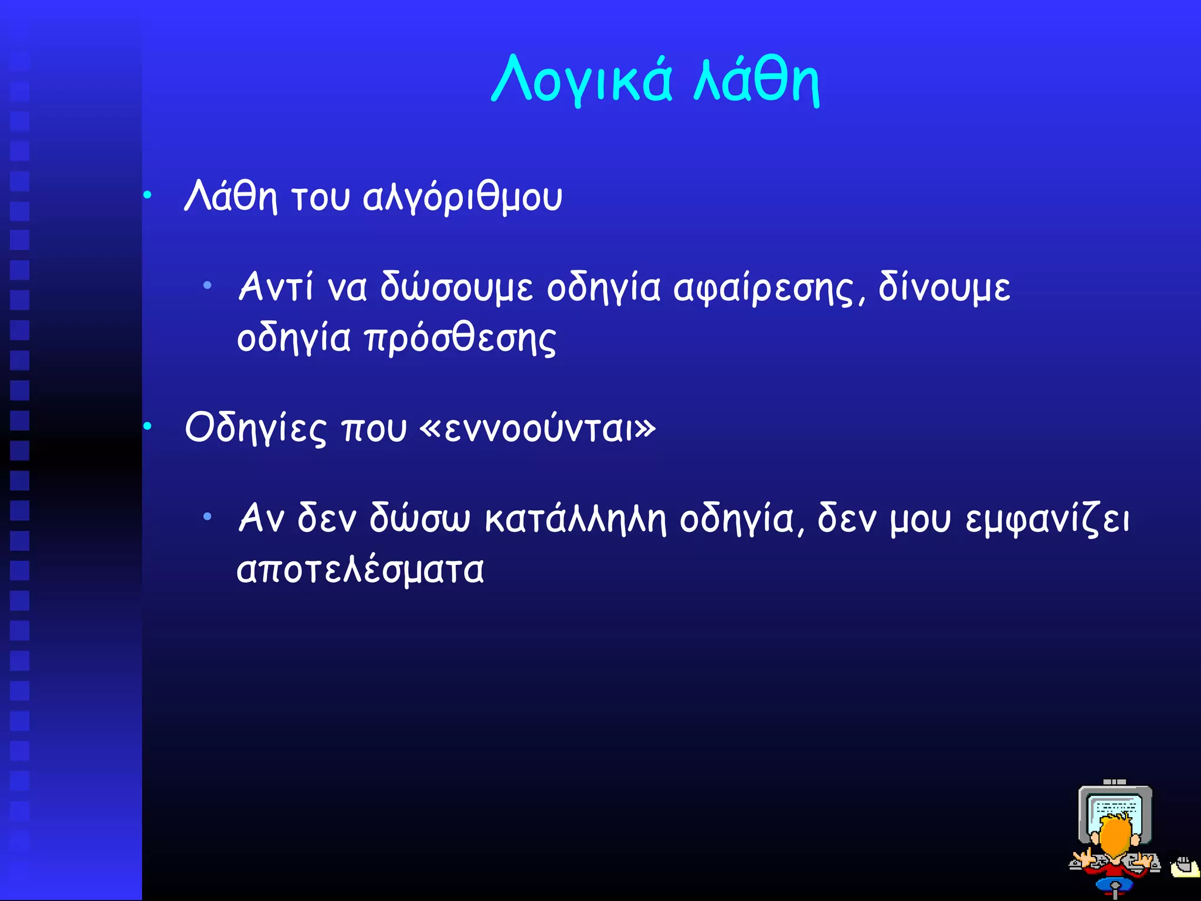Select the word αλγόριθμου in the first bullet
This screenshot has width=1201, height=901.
[462, 198]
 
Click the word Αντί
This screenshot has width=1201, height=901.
[276, 287]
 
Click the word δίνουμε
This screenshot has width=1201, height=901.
[944, 287]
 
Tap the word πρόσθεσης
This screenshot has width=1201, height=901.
[460, 340]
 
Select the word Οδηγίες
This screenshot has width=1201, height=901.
[255, 428]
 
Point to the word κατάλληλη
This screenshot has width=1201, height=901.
[575, 519]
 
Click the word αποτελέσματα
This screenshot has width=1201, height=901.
[360, 570]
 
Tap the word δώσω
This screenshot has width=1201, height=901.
[419, 519]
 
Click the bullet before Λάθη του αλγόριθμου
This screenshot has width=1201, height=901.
[148, 195]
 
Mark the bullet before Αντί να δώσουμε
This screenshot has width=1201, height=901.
[207, 286]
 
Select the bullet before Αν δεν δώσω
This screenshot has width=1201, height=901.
[207, 517]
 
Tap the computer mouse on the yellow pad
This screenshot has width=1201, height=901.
[1184, 865]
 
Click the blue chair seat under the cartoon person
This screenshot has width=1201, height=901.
[1115, 885]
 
